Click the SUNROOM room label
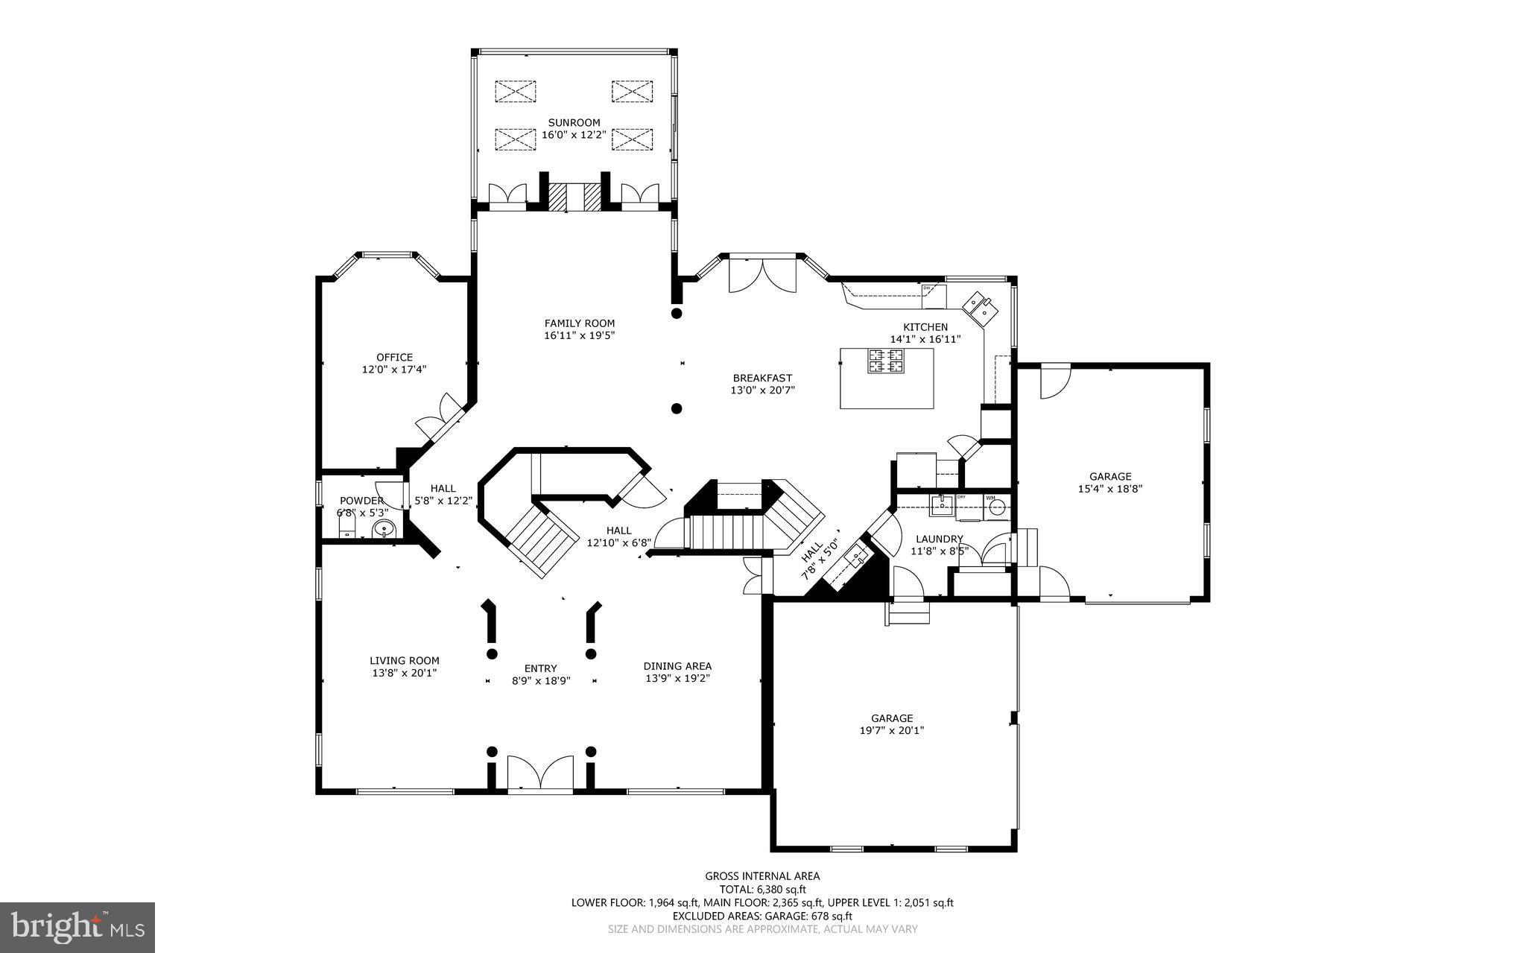click(574, 123)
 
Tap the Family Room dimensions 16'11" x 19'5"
click(579, 335)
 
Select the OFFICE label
click(394, 357)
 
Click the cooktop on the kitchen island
click(886, 361)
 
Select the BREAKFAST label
click(762, 378)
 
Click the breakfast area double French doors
click(762, 275)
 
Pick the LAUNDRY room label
click(939, 539)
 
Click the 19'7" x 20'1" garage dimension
click(892, 731)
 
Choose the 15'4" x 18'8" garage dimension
click(1110, 489)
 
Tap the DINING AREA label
click(677, 666)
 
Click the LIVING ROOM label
click(405, 660)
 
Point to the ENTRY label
click(540, 668)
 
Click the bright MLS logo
click(77, 927)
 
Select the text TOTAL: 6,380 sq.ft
click(762, 889)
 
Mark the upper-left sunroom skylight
click(516, 92)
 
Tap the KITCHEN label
click(925, 327)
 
